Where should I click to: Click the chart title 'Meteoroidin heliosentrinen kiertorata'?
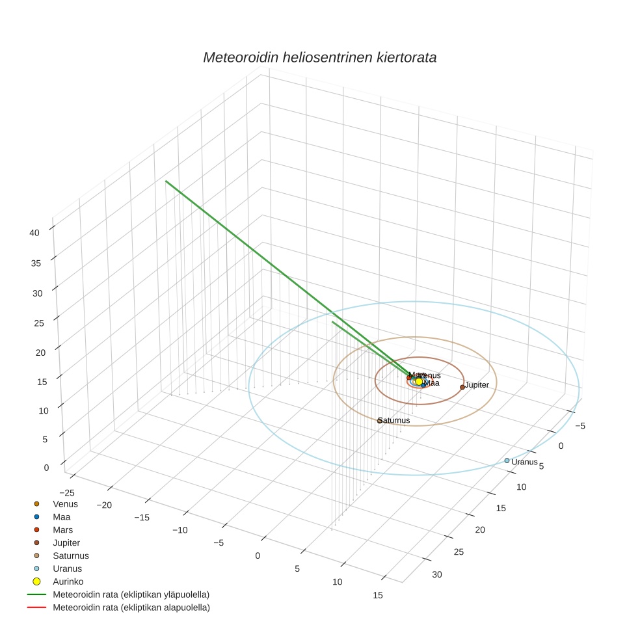pyautogui.click(x=319, y=57)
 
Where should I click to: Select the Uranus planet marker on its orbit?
pyautogui.click(x=507, y=460)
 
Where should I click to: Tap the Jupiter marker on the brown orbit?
pyautogui.click(x=462, y=387)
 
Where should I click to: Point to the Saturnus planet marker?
pyautogui.click(x=380, y=421)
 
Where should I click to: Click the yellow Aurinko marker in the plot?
pyautogui.click(x=419, y=382)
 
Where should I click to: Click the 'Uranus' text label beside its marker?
pyautogui.click(x=524, y=462)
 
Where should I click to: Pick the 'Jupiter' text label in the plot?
pyautogui.click(x=477, y=385)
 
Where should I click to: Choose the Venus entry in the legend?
pyautogui.click(x=65, y=504)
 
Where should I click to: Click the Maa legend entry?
pyautogui.click(x=61, y=517)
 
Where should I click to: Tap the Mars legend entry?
pyautogui.click(x=62, y=530)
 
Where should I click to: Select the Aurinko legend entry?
pyautogui.click(x=68, y=581)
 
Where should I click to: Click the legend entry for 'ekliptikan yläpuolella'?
pyautogui.click(x=131, y=594)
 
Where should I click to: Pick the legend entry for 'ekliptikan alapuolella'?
pyautogui.click(x=131, y=607)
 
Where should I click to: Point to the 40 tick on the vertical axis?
pyautogui.click(x=35, y=232)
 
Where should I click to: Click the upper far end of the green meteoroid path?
pyautogui.click(x=166, y=181)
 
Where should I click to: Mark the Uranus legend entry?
pyautogui.click(x=67, y=568)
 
